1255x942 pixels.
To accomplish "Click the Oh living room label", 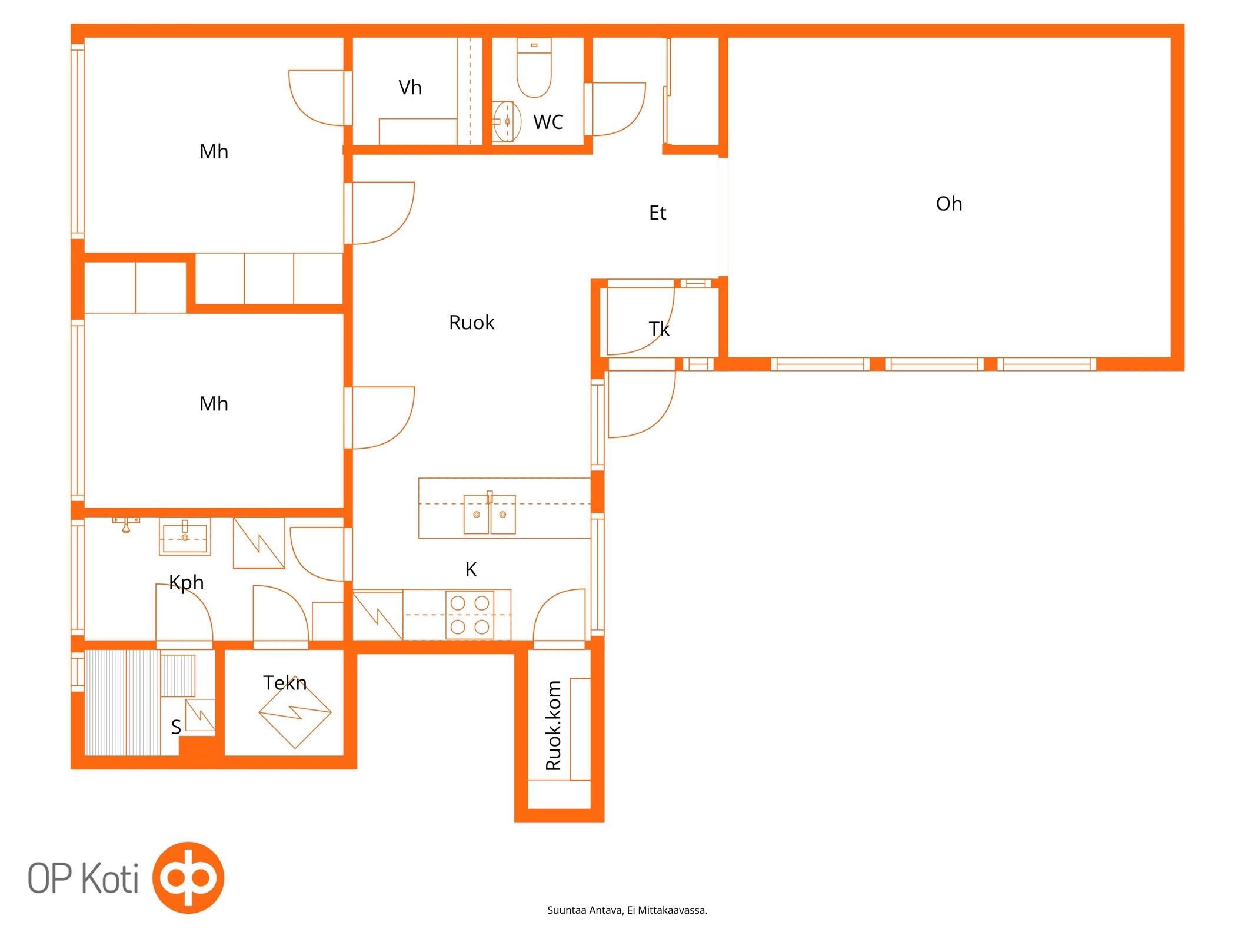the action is [948, 204].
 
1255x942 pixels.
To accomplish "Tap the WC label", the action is [548, 122].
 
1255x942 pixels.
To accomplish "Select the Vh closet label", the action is [410, 88].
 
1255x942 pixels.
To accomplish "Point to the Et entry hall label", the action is [657, 213].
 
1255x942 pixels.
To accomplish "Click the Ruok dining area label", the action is [471, 323].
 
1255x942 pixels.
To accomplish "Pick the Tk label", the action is [659, 329].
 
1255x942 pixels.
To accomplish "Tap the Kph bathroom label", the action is [186, 583].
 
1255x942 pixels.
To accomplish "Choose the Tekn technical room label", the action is [285, 683].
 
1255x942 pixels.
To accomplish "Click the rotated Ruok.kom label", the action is [553, 725].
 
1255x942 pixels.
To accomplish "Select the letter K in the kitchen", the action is [471, 569].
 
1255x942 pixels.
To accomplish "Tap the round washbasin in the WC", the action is [507, 121].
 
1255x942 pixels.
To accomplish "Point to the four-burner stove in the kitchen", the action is [470, 615].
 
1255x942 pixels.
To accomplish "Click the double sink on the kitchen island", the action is [490, 514].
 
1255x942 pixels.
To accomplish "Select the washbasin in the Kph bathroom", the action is [185, 536].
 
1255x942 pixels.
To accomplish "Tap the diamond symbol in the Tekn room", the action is [295, 712].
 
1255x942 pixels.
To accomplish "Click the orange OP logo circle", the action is [188, 877].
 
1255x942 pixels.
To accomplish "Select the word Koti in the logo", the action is [110, 878].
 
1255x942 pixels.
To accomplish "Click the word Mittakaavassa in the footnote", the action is [673, 910].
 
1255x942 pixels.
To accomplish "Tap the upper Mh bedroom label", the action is [214, 152].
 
